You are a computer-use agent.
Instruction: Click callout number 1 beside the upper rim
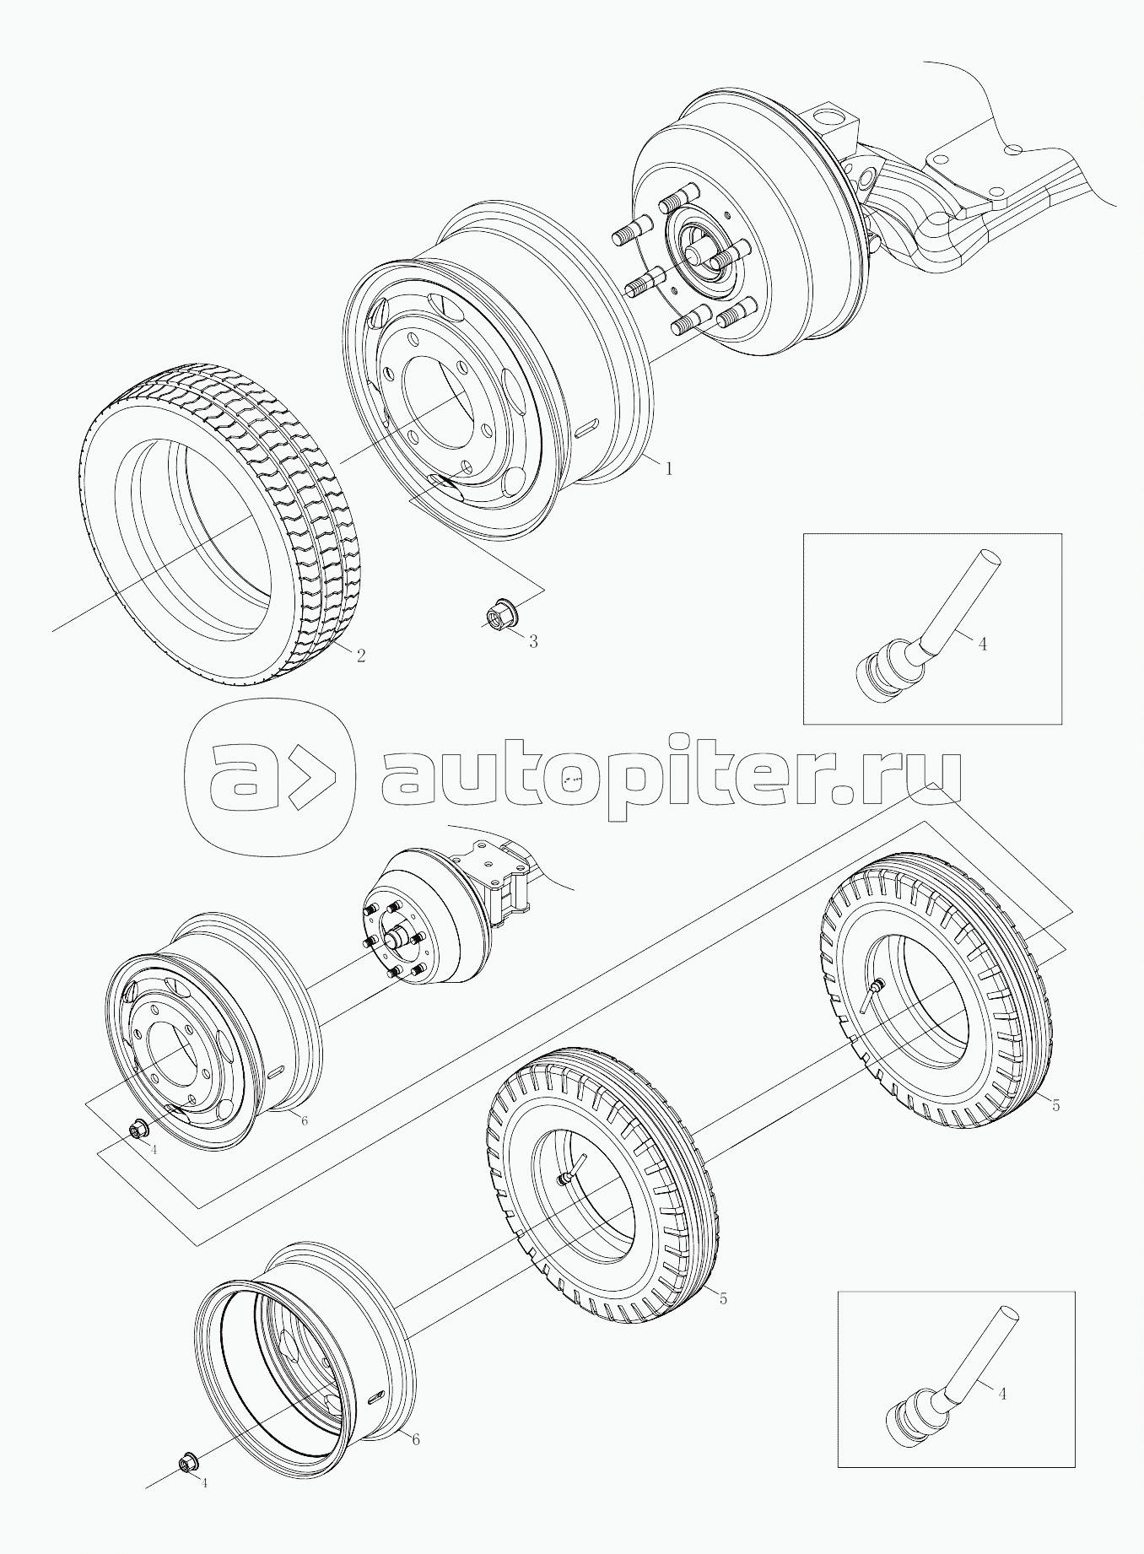coord(669,468)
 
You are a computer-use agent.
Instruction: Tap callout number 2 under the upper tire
coord(361,656)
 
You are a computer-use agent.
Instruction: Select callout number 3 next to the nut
coord(532,641)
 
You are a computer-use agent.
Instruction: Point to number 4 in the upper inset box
coord(982,644)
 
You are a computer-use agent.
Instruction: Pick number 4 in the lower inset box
coord(1002,1395)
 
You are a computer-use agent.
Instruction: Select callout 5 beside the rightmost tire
coord(1055,1105)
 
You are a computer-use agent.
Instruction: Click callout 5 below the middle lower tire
coord(723,1298)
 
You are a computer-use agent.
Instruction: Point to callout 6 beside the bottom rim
coord(415,1439)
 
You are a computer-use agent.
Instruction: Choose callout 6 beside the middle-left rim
coord(304,1120)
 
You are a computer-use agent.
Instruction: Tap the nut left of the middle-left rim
coord(138,1129)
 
